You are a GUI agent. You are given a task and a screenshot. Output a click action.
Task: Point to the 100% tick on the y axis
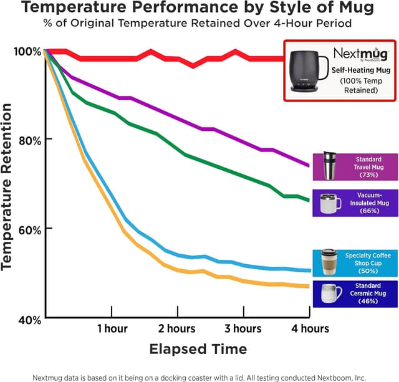[x=27, y=51]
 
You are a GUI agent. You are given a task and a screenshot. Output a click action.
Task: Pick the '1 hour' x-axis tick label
[x=112, y=328]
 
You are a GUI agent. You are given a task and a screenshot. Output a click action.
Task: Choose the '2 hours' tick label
[x=176, y=328]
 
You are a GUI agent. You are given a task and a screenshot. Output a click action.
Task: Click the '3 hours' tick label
[x=243, y=328]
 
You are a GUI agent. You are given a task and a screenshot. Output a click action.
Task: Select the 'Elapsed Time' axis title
[x=198, y=348]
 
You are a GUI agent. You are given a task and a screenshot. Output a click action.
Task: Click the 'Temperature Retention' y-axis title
[x=8, y=187]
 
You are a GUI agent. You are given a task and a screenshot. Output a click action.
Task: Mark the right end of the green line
[x=309, y=200]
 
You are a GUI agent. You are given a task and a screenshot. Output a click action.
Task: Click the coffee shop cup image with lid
[x=329, y=262]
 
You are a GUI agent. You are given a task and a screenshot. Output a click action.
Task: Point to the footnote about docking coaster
[x=199, y=376]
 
